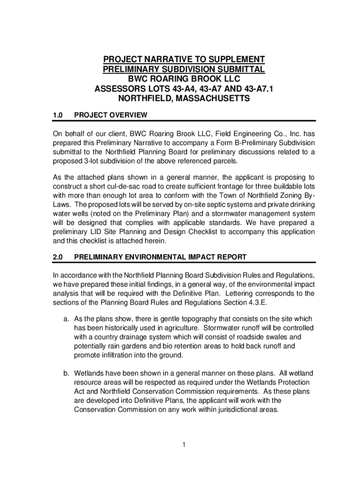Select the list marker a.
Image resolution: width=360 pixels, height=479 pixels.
point(67,319)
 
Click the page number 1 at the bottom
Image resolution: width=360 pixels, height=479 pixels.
point(185,444)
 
